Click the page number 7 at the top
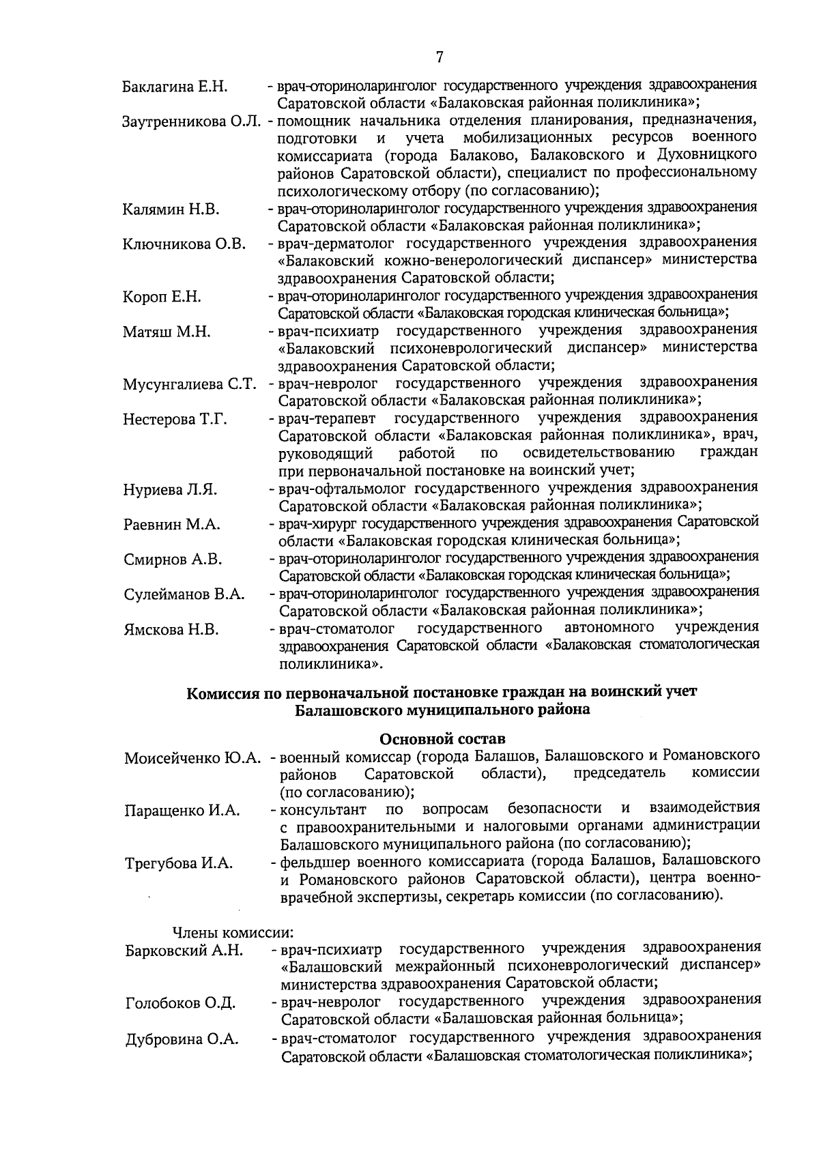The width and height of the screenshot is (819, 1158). click(x=440, y=57)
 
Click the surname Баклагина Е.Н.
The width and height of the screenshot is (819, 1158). click(x=175, y=87)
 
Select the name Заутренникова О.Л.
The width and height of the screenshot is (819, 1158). click(x=192, y=123)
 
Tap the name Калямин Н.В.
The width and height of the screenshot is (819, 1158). click(x=171, y=209)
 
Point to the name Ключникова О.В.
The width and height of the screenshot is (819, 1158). click(x=184, y=244)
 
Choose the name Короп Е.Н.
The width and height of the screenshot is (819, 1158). click(x=162, y=297)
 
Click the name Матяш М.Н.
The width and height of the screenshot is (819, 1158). click(x=167, y=332)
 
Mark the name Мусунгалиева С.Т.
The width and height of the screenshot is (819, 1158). click(x=189, y=385)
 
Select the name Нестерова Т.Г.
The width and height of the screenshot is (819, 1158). click(x=175, y=420)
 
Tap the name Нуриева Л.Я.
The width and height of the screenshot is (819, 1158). click(x=171, y=490)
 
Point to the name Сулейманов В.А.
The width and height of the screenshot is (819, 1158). click(x=184, y=594)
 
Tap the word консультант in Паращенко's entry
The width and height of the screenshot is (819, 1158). click(x=324, y=810)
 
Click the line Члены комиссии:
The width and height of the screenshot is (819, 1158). click(x=232, y=932)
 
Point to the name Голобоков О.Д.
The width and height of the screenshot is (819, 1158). click(x=181, y=1003)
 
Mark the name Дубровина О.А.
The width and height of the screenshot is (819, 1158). click(x=182, y=1039)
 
